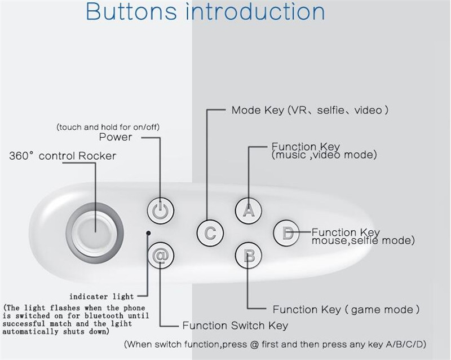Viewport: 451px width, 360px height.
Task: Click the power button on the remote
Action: (x=161, y=210)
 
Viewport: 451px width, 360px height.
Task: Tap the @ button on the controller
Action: (x=161, y=255)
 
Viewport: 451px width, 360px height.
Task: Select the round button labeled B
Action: (x=249, y=256)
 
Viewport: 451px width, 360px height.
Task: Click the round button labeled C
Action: (x=210, y=232)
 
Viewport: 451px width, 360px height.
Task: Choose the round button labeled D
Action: (x=286, y=232)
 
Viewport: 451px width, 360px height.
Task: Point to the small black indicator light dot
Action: (x=148, y=233)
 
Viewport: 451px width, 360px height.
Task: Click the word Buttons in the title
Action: (x=131, y=12)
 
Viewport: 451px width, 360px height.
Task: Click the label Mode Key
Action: (x=258, y=110)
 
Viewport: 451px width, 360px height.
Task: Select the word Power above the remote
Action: (x=116, y=137)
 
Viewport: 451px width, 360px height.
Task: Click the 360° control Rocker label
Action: (x=63, y=156)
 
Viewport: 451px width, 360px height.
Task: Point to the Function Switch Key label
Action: (x=235, y=326)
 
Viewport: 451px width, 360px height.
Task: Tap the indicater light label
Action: (x=101, y=296)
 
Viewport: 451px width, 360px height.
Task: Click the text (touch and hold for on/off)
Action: (x=108, y=127)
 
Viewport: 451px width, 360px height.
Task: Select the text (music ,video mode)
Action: (x=324, y=155)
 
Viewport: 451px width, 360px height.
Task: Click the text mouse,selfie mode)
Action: (x=363, y=240)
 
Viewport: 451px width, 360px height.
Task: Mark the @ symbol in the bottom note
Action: (x=254, y=344)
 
